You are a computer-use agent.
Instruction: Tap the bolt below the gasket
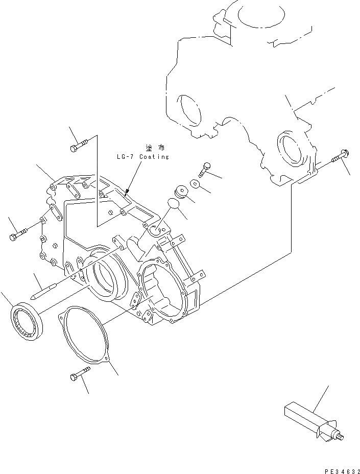click(77, 377)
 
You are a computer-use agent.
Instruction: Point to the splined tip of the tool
click(340, 436)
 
